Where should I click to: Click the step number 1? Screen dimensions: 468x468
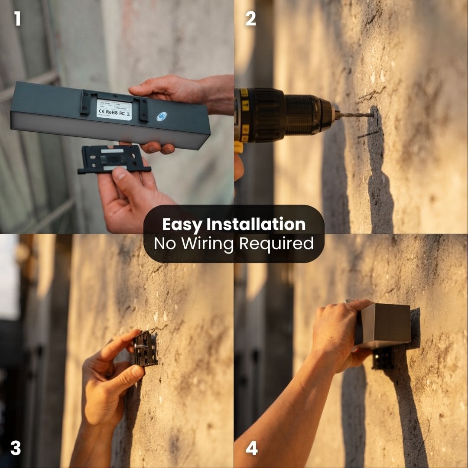[x=17, y=19]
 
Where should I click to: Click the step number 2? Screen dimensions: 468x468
[x=251, y=19]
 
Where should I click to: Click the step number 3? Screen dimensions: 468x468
[x=16, y=448]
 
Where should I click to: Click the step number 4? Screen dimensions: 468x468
[x=251, y=448]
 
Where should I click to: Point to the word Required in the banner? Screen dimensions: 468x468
[x=276, y=244]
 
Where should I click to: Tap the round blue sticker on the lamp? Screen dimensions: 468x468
[x=161, y=117]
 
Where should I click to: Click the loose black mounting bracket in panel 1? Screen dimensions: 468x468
[x=114, y=159]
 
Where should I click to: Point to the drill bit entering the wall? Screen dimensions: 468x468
[x=355, y=115]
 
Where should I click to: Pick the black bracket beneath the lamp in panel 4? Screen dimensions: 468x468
[x=383, y=358]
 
